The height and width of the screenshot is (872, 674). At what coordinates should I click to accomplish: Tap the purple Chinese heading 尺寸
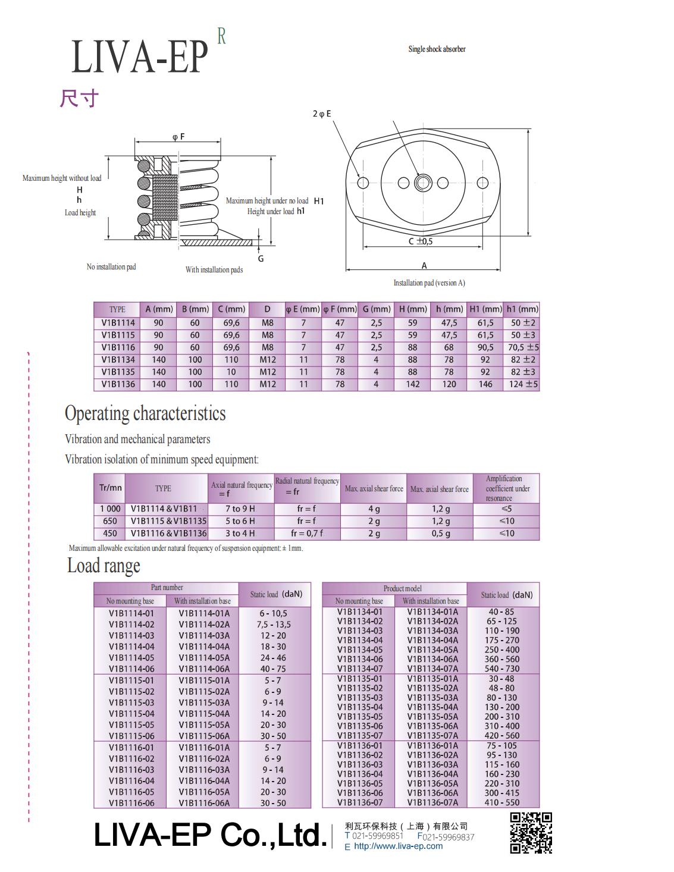[79, 99]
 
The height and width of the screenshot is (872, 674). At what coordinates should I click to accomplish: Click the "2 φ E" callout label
[322, 114]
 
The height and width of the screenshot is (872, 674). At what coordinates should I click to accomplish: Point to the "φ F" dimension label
[178, 137]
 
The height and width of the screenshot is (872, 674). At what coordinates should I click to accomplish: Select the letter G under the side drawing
[261, 259]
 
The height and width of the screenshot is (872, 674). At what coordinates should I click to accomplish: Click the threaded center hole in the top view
[422, 183]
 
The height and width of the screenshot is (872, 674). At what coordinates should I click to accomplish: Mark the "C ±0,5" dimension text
[421, 241]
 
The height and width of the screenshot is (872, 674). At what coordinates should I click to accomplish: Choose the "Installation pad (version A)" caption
[429, 283]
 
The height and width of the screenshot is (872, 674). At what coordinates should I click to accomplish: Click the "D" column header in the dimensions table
[267, 309]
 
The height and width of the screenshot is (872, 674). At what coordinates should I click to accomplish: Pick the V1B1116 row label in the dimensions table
[118, 347]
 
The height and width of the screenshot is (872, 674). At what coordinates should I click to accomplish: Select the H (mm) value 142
[412, 384]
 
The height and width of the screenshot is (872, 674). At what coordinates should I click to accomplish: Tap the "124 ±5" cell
[523, 384]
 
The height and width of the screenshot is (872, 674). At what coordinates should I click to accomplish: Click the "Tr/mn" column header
[110, 488]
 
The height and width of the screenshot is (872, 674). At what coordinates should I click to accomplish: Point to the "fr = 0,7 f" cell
[307, 534]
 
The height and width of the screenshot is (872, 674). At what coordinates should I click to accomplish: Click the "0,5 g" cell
[440, 534]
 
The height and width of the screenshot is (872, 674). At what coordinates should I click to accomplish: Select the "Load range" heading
[104, 566]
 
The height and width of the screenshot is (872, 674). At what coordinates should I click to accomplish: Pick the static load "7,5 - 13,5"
[274, 625]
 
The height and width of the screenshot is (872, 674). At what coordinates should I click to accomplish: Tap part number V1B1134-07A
[432, 669]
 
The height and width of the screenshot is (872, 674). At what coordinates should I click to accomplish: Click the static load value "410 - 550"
[502, 802]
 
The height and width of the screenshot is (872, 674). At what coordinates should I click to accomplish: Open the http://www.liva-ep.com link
[399, 846]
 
